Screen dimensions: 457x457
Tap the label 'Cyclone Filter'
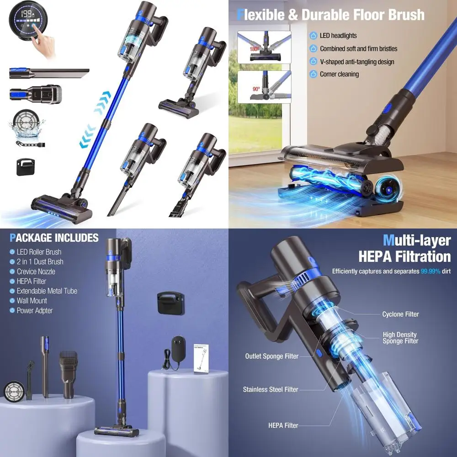pyautogui.click(x=400, y=314)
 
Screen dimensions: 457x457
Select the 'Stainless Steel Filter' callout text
pyautogui.click(x=271, y=390)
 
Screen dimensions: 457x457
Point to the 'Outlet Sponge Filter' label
pyautogui.click(x=271, y=356)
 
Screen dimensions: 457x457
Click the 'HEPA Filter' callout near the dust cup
pyautogui.click(x=283, y=425)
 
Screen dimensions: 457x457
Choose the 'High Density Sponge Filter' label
pyautogui.click(x=400, y=338)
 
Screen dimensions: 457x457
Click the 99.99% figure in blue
pyautogui.click(x=430, y=271)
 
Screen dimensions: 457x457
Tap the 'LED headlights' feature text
pyautogui.click(x=338, y=36)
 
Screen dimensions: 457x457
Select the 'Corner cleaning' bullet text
pyautogui.click(x=339, y=74)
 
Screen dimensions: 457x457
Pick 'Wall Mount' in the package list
pyautogui.click(x=32, y=301)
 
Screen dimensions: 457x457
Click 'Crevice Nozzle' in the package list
pyautogui.click(x=36, y=271)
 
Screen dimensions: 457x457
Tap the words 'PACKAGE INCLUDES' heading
pyautogui.click(x=54, y=238)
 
